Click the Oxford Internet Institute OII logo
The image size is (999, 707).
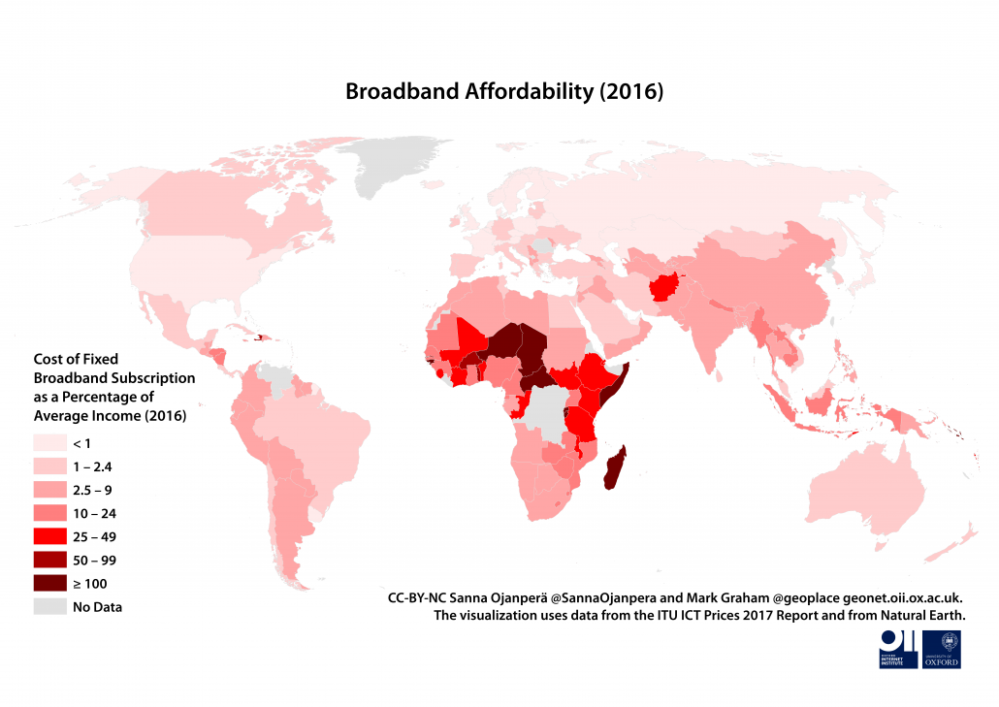tap(897, 649)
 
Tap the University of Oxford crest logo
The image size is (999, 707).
tap(942, 649)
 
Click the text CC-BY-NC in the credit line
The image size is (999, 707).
tap(418, 598)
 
